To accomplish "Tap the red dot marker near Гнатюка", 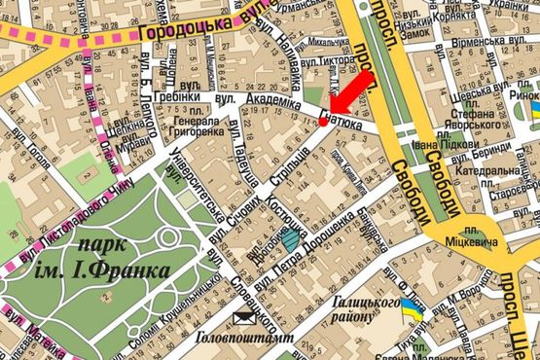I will click(324, 123).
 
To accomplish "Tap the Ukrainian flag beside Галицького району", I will click(413, 310).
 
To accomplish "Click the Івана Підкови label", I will click(426, 147).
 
